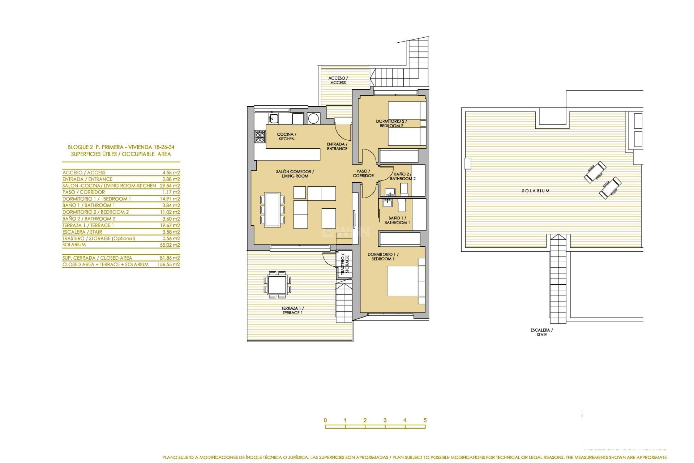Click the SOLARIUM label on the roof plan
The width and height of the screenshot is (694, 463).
point(535,191)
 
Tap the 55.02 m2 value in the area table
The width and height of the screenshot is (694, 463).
point(171,245)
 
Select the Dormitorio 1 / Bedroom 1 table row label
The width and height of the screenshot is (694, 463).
point(97,199)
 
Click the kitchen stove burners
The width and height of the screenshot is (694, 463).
point(260,136)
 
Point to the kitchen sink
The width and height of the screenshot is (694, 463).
point(274,118)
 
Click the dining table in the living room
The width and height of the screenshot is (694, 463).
point(272,210)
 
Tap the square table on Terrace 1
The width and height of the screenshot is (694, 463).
point(277,284)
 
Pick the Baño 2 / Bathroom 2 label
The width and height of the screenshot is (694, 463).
point(402,176)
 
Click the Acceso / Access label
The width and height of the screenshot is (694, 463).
point(338,80)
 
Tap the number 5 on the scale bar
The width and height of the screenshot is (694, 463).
point(425,420)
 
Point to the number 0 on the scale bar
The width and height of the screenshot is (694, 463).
point(325,420)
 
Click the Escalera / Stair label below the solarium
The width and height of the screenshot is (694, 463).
point(541,332)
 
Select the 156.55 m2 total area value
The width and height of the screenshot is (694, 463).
point(168,265)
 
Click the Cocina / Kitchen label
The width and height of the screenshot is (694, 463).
point(287,136)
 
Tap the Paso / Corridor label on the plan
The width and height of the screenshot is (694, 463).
point(363,173)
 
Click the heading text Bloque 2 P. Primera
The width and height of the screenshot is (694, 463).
point(121,147)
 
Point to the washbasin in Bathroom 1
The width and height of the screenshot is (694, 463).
point(387,203)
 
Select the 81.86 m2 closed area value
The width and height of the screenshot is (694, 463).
point(171,258)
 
